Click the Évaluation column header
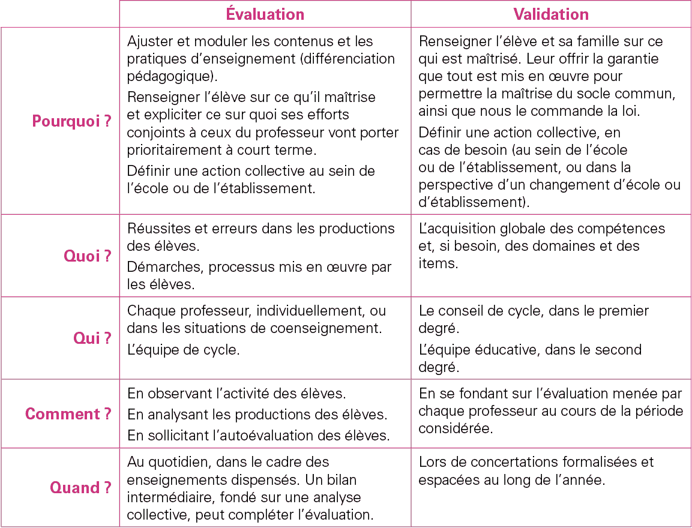[265, 14]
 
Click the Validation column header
[551, 14]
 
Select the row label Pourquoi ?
[71, 121]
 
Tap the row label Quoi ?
[88, 256]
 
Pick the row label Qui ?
[92, 338]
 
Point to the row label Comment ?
[68, 414]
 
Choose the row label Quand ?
[80, 488]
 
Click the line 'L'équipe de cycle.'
[183, 350]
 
